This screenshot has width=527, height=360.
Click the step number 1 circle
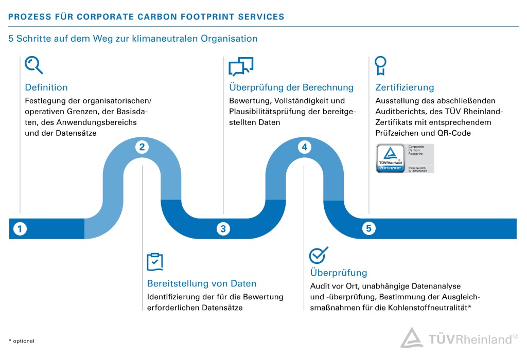coord(20,229)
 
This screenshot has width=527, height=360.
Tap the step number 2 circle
coord(142,147)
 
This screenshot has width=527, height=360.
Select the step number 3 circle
coord(223,229)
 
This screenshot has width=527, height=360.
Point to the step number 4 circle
coord(304,147)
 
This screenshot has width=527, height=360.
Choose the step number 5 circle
coord(368,229)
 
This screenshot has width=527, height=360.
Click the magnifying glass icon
coord(34,66)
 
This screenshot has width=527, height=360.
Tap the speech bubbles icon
coord(241,67)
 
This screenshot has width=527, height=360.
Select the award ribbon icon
coord(380,66)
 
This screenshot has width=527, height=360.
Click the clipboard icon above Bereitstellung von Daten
coord(155,262)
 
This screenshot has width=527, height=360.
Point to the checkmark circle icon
coord(318,255)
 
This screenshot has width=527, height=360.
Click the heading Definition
coord(46,87)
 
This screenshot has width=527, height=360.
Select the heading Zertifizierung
coord(405,87)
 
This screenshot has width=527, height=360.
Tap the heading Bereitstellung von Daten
coord(202,283)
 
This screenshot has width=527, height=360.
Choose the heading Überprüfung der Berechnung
coord(291,87)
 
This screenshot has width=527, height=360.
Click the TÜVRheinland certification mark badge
coord(405,158)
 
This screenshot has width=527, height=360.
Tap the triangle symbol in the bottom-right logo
coord(412,338)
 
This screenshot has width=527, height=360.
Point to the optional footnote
coord(21,341)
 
